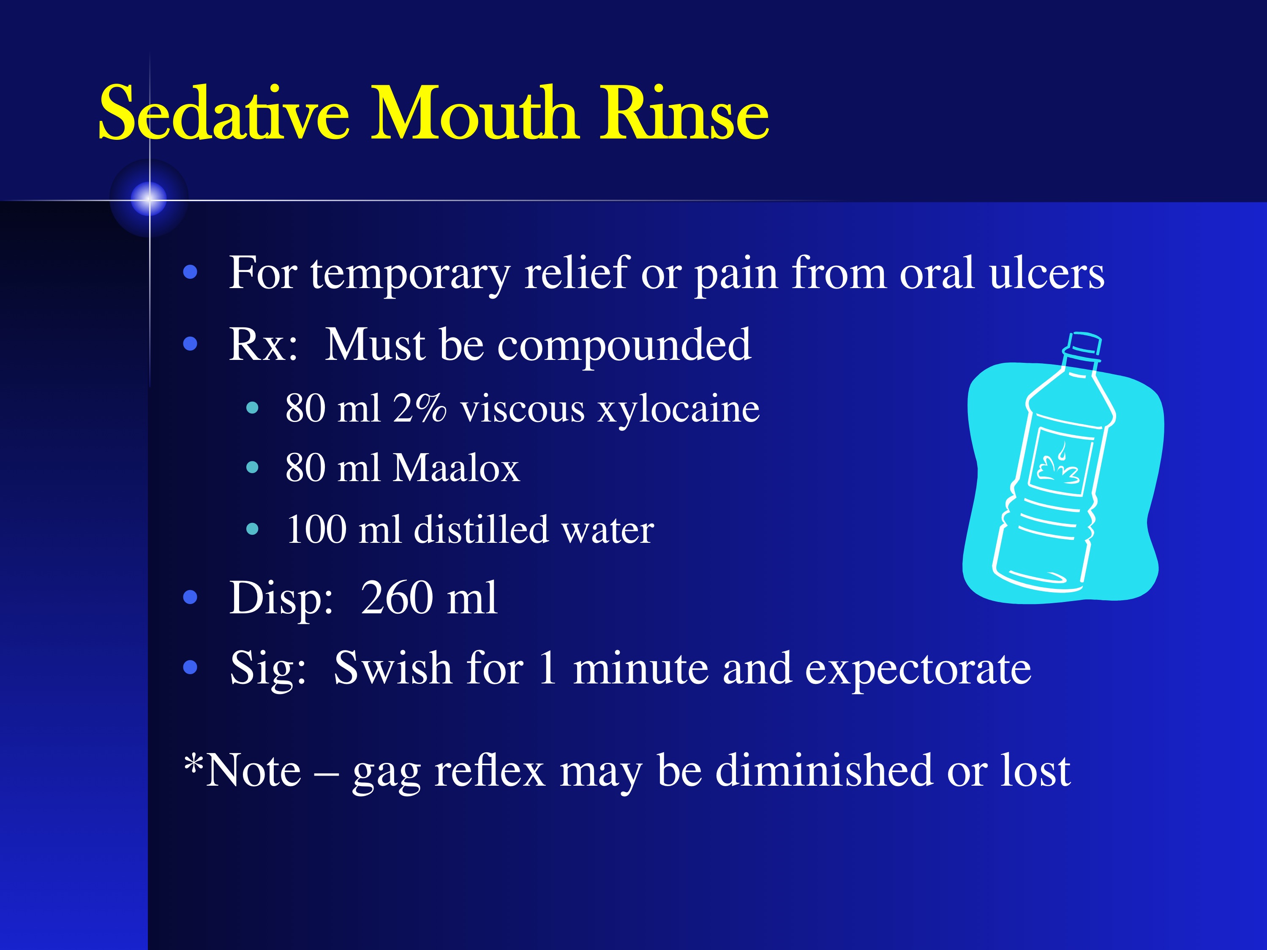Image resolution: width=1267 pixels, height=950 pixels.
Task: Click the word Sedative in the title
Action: click(x=223, y=113)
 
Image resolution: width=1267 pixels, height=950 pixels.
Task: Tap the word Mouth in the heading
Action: click(x=474, y=113)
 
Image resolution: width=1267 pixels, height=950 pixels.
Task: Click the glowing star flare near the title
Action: click(x=149, y=199)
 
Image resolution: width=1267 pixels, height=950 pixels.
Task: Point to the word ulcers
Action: click(x=1046, y=273)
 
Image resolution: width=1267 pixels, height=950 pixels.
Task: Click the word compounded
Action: click(x=624, y=346)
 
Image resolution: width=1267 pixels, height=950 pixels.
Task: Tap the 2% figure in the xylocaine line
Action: click(x=419, y=409)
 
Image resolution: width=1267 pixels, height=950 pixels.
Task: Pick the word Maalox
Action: click(x=457, y=468)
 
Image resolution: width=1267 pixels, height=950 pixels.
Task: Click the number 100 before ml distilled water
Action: click(x=316, y=529)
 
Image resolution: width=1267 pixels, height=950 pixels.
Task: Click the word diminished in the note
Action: click(x=824, y=770)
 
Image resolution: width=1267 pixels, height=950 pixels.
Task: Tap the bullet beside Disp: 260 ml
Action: click(x=190, y=598)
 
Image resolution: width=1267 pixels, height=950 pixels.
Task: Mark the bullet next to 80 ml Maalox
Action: click(x=252, y=468)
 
